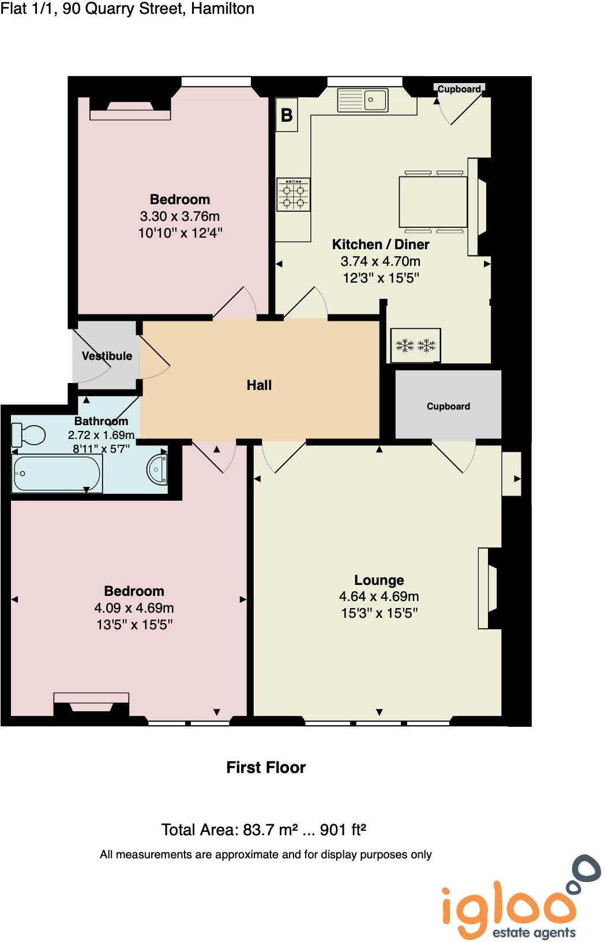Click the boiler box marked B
point(287,115)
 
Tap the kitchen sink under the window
point(363,100)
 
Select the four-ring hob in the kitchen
point(294,194)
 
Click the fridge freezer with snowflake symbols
point(416,346)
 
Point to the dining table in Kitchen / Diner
point(433,202)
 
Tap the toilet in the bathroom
point(28,435)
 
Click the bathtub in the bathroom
point(57,474)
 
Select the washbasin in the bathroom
point(157,470)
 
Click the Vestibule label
point(107,356)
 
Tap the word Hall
point(259,385)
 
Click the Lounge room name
point(379,580)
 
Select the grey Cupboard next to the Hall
point(448,406)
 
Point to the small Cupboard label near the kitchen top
point(459,89)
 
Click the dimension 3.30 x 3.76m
point(180,216)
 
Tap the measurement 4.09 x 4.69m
point(134,607)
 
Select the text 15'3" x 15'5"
point(379,613)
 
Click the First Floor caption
point(266,767)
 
